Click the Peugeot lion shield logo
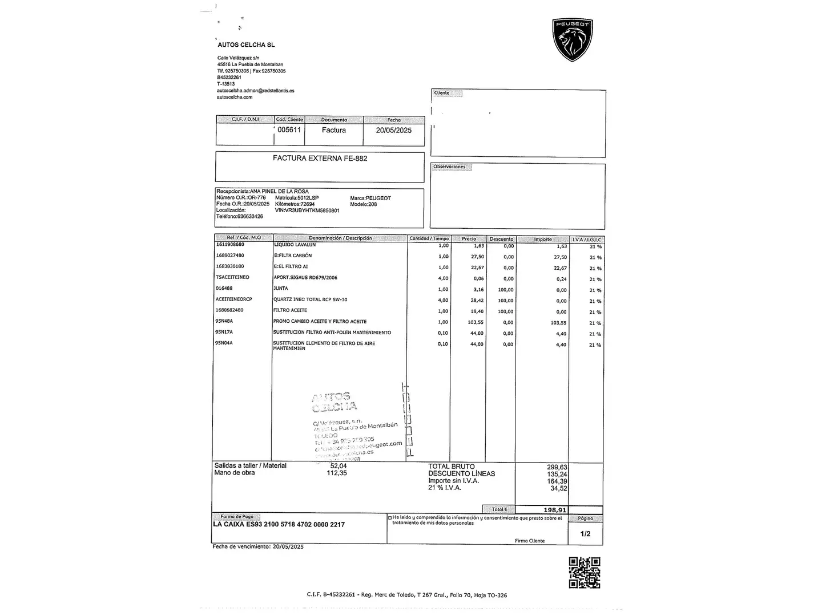573,39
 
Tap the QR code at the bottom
585,572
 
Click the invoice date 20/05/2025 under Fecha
393,130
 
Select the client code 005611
289,129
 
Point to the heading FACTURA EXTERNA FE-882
320,158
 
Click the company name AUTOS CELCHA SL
246,44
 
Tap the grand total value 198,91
555,510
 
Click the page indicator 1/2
585,534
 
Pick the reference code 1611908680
229,245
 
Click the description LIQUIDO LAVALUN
295,245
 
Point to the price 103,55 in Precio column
475,322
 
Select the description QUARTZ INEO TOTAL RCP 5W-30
310,299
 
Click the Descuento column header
501,239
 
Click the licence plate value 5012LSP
308,198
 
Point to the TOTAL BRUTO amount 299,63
557,467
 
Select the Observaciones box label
449,167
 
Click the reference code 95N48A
224,321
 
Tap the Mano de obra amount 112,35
337,473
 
